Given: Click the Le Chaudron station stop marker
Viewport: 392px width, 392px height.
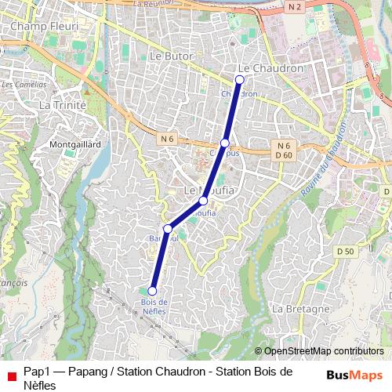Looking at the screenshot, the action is [240, 79].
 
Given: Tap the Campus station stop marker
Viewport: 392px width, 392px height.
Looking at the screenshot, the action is [225, 143].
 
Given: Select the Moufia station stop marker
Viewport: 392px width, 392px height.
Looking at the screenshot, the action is [203, 201].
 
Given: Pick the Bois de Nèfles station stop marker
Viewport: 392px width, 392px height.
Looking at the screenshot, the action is [152, 291].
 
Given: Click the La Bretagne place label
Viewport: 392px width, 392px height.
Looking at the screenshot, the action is [301, 309].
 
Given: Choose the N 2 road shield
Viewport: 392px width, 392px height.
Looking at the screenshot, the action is [295, 7].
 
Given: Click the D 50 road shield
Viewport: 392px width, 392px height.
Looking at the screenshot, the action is [345, 251].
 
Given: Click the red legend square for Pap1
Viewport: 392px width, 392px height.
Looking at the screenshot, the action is [11, 376].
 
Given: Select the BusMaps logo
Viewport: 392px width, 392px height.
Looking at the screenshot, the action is [355, 375].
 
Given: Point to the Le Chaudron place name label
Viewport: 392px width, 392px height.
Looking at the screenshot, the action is [270, 68].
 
